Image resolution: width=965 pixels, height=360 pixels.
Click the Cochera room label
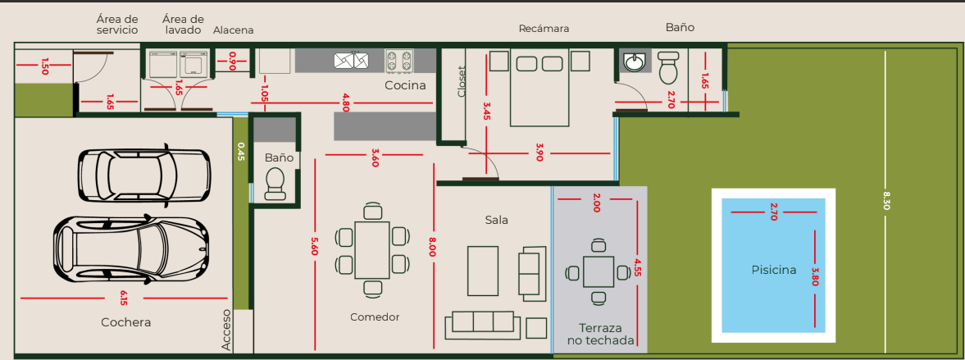click(x=125, y=322)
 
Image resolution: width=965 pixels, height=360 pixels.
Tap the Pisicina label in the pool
click(x=774, y=270)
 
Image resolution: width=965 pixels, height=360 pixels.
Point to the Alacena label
click(x=233, y=30)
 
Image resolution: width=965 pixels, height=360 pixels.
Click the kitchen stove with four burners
click(x=398, y=62)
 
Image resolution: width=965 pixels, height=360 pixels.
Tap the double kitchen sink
click(x=352, y=61)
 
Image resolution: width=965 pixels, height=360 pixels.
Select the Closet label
click(x=462, y=82)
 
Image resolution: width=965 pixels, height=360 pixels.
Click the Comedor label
click(x=375, y=317)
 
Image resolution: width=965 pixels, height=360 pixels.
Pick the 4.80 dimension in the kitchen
click(x=346, y=103)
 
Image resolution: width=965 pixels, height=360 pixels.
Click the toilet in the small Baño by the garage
click(x=275, y=184)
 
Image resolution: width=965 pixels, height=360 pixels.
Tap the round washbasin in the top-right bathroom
click(x=633, y=62)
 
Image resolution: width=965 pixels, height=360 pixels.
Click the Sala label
click(x=497, y=220)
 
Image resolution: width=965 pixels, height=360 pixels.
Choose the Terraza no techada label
click(x=600, y=334)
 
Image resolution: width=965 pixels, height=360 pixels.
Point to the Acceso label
click(x=226, y=330)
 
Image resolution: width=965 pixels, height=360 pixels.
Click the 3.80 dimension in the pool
click(x=816, y=276)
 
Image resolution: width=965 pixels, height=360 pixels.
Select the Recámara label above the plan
click(x=544, y=29)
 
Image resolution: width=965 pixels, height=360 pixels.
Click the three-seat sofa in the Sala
click(x=483, y=324)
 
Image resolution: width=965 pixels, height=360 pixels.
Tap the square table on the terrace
click(x=599, y=272)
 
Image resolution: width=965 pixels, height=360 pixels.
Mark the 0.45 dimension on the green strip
click(x=240, y=152)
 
